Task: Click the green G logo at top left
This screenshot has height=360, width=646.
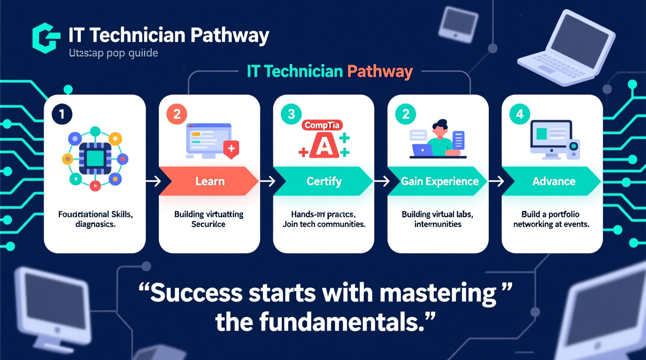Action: coord(46,38)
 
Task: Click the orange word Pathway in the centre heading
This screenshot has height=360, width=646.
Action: coord(380,71)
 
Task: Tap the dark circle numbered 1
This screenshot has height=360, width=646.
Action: coord(62,114)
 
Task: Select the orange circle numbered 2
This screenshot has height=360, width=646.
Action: coord(177,114)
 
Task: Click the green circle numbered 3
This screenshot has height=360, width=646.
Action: coord(291,114)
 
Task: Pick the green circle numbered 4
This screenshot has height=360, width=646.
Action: coord(520,114)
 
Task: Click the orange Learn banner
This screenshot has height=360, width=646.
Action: coord(210,181)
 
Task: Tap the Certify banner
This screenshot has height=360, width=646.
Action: coord(324,181)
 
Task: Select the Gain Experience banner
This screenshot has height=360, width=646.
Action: coord(439,181)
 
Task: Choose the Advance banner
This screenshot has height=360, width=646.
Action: coord(553,181)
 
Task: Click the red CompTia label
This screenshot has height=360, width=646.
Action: coord(322,125)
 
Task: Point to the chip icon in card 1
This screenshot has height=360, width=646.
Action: coord(95,158)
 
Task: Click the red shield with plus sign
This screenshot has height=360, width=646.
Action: coord(231,149)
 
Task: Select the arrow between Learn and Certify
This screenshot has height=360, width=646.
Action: coord(267,181)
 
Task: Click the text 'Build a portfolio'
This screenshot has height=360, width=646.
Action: coord(550,214)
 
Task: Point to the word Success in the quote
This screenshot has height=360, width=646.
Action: coord(196,292)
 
